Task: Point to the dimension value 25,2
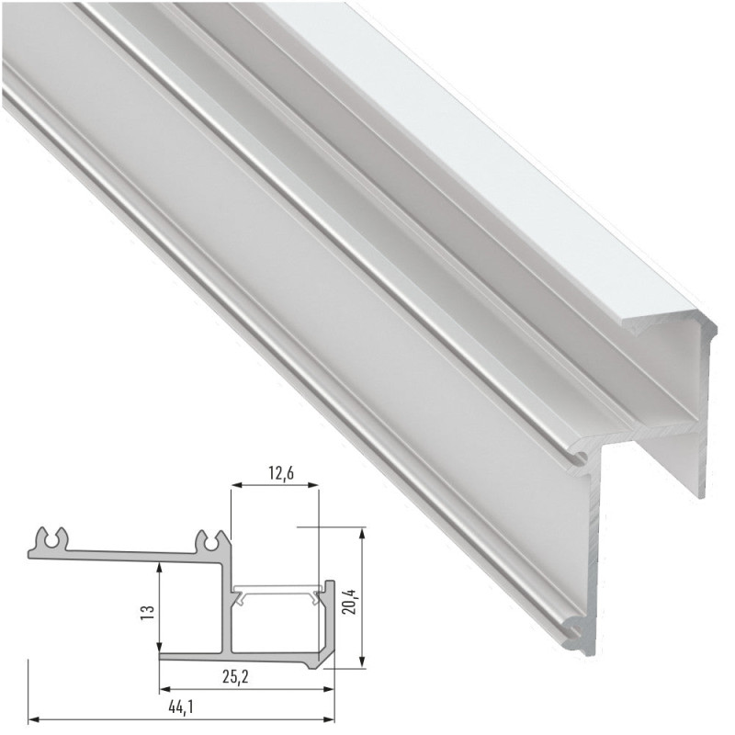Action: (x=237, y=677)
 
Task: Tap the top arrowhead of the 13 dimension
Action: (x=161, y=569)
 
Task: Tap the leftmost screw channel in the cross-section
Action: (x=51, y=539)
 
